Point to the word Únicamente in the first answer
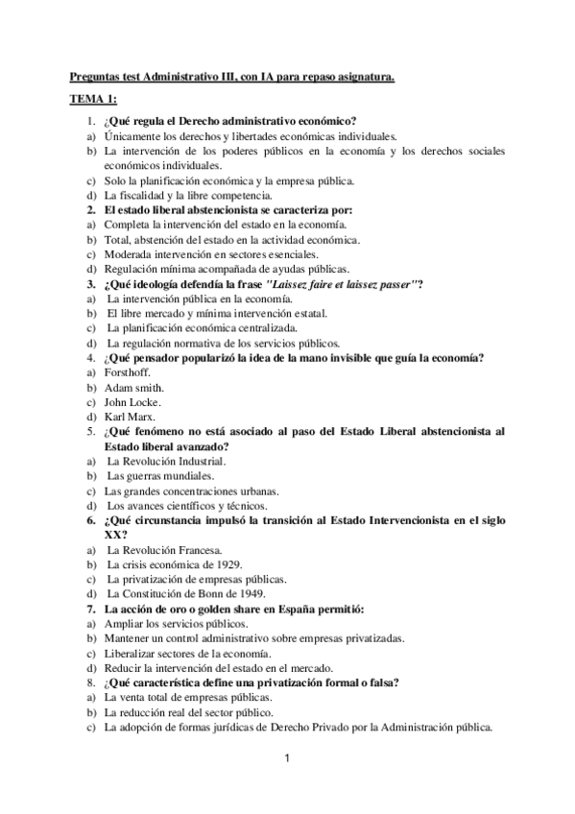pyautogui.click(x=132, y=135)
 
